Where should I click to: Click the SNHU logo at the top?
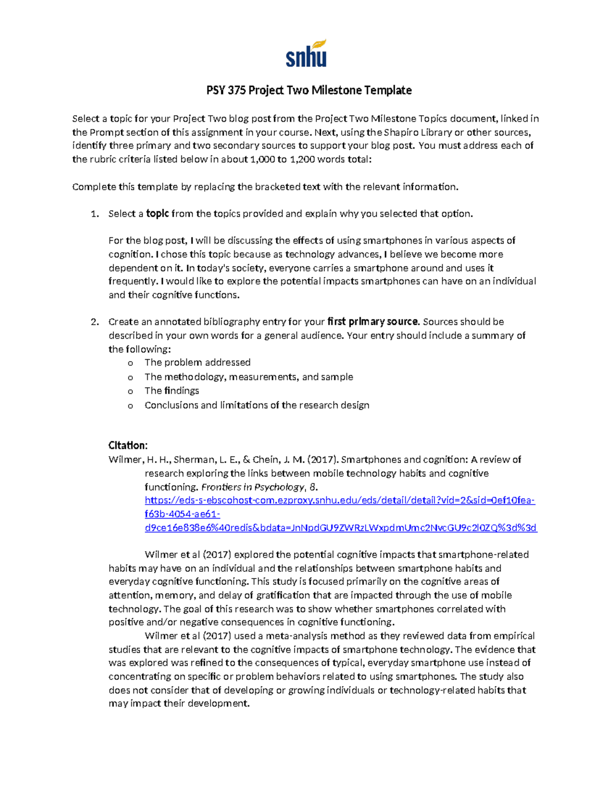tap(306, 54)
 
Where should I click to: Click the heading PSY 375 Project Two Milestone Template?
tap(309, 90)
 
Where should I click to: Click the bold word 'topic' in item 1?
tap(158, 214)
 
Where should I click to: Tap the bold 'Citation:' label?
tap(128, 445)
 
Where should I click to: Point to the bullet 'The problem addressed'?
tap(197, 363)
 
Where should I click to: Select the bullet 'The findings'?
tap(171, 391)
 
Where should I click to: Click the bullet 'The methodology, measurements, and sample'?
tap(248, 377)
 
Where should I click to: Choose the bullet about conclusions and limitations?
tap(257, 405)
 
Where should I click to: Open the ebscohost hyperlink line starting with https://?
tap(340, 500)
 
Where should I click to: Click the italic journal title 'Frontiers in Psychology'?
tap(253, 487)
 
